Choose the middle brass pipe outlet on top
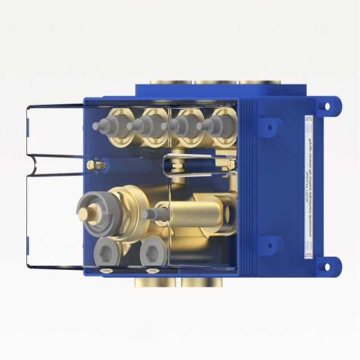coord(217,82)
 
